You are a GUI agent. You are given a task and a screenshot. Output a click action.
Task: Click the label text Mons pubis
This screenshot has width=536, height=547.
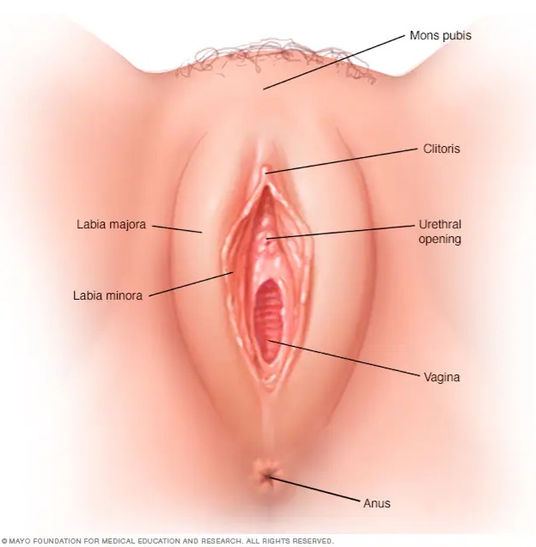click(x=441, y=35)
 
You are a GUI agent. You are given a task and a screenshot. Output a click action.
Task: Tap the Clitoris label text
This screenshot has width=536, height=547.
click(x=442, y=149)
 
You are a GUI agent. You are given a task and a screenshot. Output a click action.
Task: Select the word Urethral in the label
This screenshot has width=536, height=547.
click(x=440, y=224)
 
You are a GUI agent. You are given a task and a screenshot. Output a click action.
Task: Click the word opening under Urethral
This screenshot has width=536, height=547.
click(x=440, y=240)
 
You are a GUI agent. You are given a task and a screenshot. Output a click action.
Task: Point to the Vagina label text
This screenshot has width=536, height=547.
click(x=442, y=377)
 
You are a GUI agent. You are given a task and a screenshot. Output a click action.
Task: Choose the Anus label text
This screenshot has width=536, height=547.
click(x=377, y=503)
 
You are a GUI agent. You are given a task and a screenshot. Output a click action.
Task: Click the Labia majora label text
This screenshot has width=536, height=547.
click(x=112, y=224)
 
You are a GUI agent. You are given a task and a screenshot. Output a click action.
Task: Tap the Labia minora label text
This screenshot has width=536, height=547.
click(x=108, y=295)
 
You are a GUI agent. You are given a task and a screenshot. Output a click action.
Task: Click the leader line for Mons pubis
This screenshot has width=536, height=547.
click(x=334, y=62)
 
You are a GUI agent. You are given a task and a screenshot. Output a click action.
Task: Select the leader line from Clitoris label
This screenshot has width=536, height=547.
click(x=341, y=161)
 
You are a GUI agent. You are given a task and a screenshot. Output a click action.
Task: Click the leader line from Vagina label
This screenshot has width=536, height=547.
click(x=344, y=358)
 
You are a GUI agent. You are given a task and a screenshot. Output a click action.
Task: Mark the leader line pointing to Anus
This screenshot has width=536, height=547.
click(x=314, y=489)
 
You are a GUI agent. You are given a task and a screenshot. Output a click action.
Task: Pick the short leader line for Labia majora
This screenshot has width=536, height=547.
click(x=177, y=229)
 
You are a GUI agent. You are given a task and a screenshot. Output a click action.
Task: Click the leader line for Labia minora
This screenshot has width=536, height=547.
click(x=192, y=284)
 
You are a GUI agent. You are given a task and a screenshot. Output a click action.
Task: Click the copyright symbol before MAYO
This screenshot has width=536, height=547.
click(x=4, y=541)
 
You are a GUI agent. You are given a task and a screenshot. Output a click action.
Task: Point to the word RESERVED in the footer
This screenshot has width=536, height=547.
click(x=315, y=541)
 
